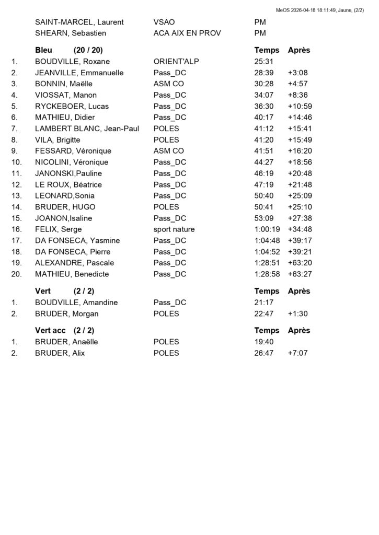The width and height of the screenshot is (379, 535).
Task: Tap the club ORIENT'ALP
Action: click(x=176, y=62)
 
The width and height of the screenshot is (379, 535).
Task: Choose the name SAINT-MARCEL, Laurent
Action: click(x=79, y=22)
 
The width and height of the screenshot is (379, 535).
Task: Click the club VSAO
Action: click(x=164, y=22)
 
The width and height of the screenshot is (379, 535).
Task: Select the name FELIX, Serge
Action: click(x=59, y=229)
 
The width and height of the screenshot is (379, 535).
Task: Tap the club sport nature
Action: click(x=174, y=229)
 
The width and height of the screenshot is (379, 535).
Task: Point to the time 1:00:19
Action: click(x=267, y=229)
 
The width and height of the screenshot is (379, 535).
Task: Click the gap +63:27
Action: click(x=300, y=274)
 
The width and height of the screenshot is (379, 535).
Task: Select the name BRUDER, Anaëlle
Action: click(x=66, y=342)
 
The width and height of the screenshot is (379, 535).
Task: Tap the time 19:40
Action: click(x=263, y=342)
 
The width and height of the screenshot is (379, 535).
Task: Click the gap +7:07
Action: click(x=297, y=353)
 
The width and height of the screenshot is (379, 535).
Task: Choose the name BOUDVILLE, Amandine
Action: click(x=76, y=303)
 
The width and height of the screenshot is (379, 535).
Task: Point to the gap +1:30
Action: click(x=297, y=313)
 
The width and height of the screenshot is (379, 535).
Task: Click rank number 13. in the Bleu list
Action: click(x=16, y=196)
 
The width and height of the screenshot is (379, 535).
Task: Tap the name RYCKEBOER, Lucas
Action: click(x=72, y=107)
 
